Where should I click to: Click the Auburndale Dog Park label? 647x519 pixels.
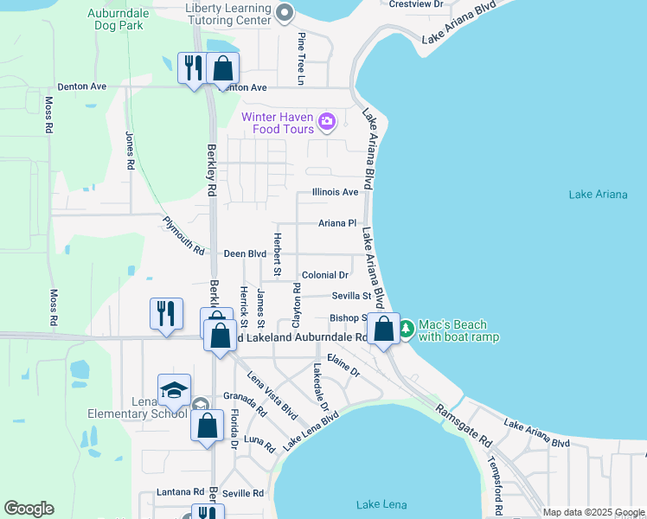[120, 20]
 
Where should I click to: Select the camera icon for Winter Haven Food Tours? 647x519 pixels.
[327, 122]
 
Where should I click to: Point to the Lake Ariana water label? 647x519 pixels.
[598, 195]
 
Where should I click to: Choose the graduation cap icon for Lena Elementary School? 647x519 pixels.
[174, 390]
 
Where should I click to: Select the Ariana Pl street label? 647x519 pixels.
[337, 223]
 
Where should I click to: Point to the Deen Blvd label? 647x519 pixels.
[245, 254]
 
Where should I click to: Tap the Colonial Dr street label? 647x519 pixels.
[324, 275]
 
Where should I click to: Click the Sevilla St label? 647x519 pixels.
[351, 296]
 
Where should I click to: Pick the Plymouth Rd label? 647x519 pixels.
[184, 236]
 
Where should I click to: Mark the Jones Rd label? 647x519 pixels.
[130, 150]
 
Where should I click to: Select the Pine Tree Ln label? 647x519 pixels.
[302, 59]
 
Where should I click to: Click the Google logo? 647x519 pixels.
[29, 509]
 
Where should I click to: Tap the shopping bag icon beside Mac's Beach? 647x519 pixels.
[384, 330]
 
